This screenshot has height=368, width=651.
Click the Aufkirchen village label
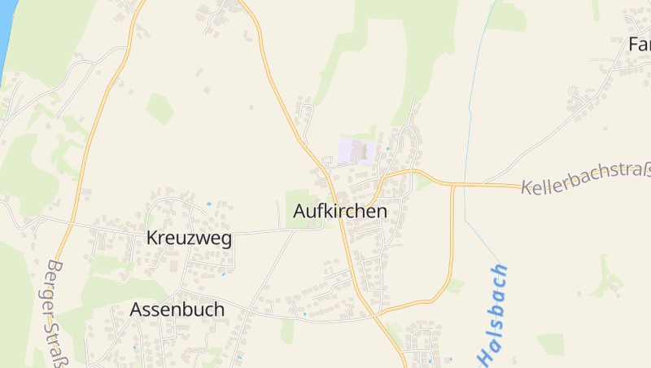(339, 212)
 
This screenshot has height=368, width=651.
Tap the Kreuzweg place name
(189, 239)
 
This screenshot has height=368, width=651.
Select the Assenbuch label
(177, 310)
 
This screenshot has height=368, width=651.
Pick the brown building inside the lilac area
(363, 151)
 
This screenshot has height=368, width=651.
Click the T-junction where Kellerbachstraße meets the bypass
(452, 185)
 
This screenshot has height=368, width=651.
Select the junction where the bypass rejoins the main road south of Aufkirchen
(379, 312)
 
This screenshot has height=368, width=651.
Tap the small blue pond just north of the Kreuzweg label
(209, 204)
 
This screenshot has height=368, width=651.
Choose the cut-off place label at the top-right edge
(639, 44)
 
